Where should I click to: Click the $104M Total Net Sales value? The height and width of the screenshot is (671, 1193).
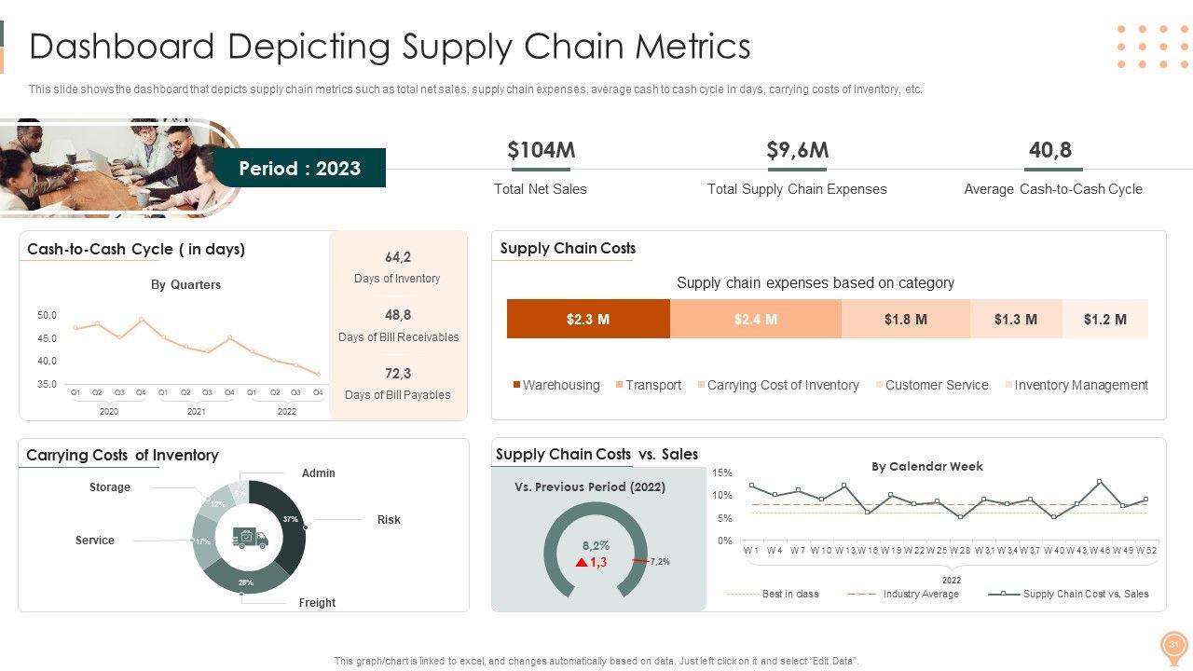tap(541, 150)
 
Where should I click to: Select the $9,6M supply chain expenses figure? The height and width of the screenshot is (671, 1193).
tap(797, 150)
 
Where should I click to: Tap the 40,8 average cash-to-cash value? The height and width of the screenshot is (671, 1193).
tap(1050, 150)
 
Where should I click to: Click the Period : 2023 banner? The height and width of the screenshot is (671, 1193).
tap(299, 169)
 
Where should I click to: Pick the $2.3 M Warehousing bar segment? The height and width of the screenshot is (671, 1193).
tap(588, 319)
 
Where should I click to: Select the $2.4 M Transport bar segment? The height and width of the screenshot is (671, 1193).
tap(756, 319)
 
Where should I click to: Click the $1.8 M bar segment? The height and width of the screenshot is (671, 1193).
tap(906, 319)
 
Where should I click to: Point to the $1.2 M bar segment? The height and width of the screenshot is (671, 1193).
tap(1105, 319)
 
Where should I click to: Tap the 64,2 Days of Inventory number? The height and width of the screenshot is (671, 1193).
tap(398, 257)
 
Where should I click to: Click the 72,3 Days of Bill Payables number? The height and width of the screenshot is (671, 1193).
tap(398, 374)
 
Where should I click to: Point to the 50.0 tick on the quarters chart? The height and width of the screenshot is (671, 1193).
tap(47, 316)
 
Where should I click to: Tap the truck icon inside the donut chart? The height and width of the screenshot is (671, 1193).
tap(249, 538)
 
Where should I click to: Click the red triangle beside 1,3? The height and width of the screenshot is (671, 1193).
tap(582, 563)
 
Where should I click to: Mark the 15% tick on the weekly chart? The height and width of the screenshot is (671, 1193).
tap(722, 473)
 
